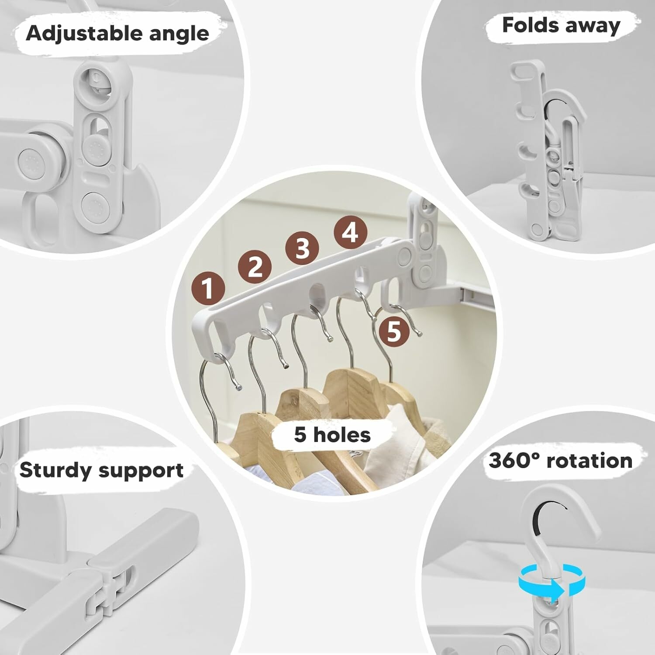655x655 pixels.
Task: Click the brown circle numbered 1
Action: pyautogui.click(x=208, y=288)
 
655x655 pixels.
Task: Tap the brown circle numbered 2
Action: pyautogui.click(x=255, y=266)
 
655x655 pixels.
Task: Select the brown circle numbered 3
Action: pyautogui.click(x=302, y=248)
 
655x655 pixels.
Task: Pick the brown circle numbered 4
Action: pyautogui.click(x=351, y=233)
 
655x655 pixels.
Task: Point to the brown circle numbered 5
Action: pyautogui.click(x=394, y=331)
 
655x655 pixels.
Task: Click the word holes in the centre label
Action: pyautogui.click(x=342, y=435)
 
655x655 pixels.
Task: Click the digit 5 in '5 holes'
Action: pyautogui.click(x=300, y=435)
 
